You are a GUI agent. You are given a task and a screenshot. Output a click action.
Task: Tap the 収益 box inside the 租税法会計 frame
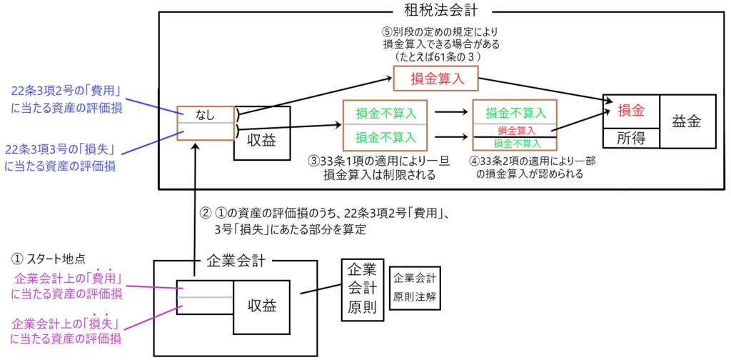tap(262, 134)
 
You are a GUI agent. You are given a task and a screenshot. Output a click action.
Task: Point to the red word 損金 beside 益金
tap(630, 111)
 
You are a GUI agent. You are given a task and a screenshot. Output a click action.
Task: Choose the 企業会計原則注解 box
tap(415, 286)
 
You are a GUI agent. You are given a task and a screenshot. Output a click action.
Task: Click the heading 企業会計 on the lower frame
tap(236, 260)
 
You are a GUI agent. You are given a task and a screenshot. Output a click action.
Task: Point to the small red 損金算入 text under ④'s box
tap(516, 131)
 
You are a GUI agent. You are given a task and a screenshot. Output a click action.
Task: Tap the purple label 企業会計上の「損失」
tap(66, 329)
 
